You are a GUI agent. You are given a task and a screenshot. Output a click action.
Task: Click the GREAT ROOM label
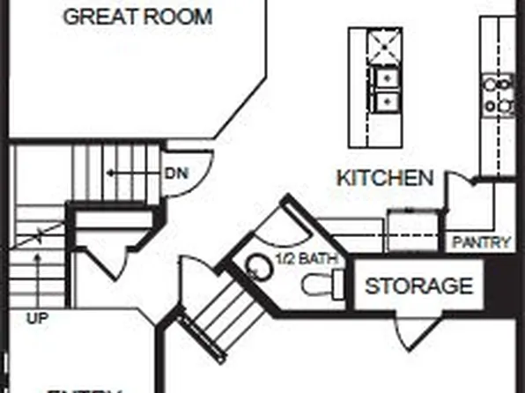click(138, 16)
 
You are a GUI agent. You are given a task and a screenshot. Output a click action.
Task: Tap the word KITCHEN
click(385, 178)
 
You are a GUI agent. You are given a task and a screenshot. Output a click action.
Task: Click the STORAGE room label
click(418, 285)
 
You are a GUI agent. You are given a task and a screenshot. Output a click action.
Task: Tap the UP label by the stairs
click(37, 316)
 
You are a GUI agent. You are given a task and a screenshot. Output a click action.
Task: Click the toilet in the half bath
click(319, 284)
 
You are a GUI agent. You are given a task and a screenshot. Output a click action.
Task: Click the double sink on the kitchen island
click(385, 90)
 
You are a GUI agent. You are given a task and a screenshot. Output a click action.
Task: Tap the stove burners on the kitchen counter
click(499, 95)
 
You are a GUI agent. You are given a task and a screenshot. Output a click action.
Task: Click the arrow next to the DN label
click(132, 174)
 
